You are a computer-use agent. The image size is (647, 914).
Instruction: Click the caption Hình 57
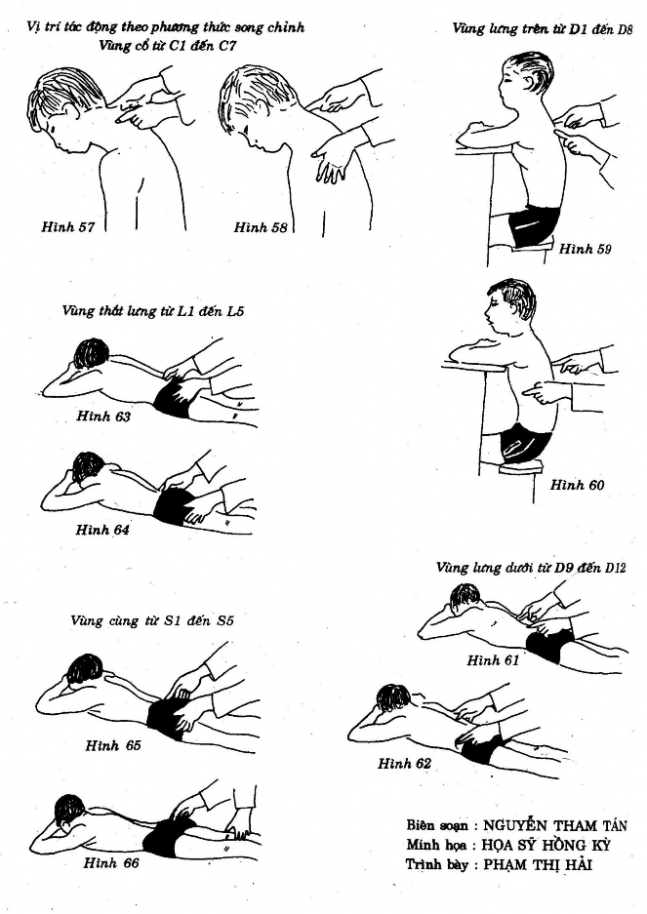click(67, 226)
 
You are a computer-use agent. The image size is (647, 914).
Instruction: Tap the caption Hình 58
click(261, 227)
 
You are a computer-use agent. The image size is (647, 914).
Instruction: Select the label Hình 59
click(586, 249)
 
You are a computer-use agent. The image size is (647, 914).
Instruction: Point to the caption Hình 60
click(577, 485)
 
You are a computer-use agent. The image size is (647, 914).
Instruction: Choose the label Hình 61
click(493, 660)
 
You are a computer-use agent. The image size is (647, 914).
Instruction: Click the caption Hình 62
click(404, 763)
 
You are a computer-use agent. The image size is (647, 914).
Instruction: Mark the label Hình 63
click(103, 417)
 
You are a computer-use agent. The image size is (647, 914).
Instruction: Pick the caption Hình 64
click(102, 530)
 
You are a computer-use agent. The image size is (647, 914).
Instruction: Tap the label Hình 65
click(113, 745)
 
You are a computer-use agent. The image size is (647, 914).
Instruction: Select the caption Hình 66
click(111, 862)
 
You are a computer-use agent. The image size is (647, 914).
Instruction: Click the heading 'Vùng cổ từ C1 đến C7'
click(168, 46)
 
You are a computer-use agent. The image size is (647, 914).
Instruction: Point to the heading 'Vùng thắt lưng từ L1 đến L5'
click(153, 311)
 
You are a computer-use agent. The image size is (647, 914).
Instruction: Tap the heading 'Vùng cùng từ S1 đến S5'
click(151, 620)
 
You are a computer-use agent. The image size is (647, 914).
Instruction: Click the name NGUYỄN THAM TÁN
click(555, 825)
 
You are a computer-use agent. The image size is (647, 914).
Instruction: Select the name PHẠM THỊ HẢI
click(538, 864)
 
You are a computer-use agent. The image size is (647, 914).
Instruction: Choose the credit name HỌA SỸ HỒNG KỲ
click(546, 845)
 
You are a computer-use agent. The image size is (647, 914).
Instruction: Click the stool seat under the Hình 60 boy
click(520, 465)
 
